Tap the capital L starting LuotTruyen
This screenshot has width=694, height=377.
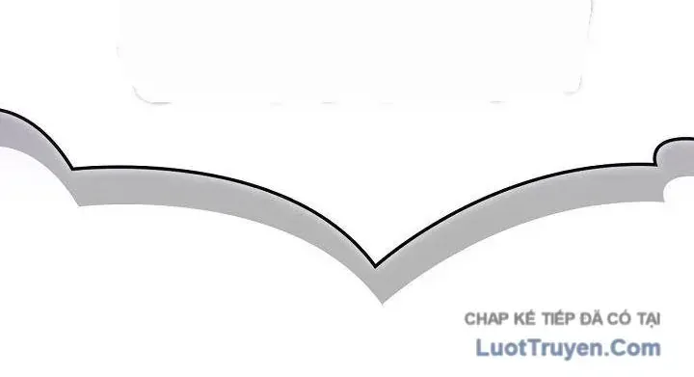click(482, 347)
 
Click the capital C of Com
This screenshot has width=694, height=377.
click(620, 347)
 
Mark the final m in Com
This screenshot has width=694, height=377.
click(651, 349)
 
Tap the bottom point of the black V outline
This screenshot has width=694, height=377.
click(376, 267)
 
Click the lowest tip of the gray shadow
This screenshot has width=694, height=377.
click(383, 303)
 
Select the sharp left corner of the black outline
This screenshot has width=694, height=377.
click(73, 169)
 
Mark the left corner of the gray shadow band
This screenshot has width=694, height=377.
click(79, 204)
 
